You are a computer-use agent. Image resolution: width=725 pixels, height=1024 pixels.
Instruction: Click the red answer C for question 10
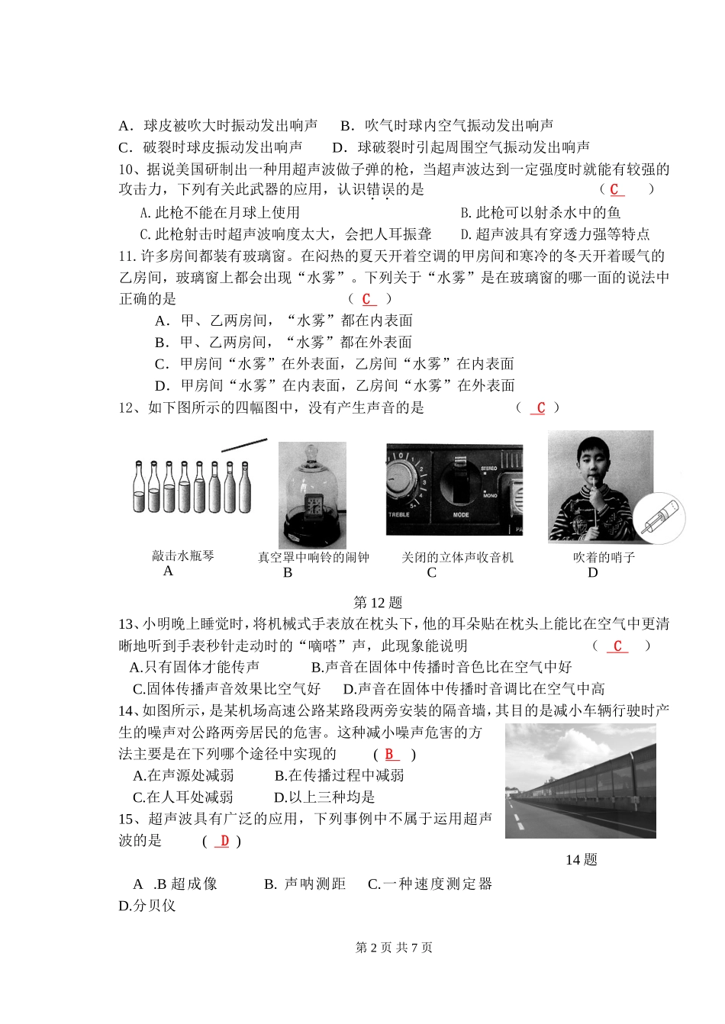point(615,189)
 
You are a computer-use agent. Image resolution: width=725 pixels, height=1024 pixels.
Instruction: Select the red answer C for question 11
point(368,299)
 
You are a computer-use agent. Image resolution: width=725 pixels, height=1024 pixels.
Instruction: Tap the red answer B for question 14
point(390,755)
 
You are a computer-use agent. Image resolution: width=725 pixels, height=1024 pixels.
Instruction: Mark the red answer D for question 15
point(223,841)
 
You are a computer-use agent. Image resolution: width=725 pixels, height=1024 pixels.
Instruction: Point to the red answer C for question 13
point(617,646)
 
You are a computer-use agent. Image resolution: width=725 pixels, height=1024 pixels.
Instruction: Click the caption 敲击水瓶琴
point(183,556)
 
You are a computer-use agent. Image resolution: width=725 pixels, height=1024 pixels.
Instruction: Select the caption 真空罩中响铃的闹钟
point(313,558)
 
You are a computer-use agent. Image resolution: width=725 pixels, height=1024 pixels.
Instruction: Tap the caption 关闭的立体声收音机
point(458,558)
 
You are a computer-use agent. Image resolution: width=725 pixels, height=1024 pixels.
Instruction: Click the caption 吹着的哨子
point(604,558)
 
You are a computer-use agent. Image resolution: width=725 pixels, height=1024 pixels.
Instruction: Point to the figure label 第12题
point(379,603)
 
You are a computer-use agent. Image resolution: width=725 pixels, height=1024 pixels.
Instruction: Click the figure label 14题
point(581,860)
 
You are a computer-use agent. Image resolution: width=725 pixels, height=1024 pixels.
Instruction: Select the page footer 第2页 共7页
point(394,948)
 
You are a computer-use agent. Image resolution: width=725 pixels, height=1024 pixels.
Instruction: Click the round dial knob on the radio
point(401,474)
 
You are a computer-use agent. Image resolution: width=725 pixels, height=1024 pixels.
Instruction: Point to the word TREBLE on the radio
point(399,515)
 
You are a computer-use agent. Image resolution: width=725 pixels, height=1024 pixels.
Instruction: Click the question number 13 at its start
point(126,624)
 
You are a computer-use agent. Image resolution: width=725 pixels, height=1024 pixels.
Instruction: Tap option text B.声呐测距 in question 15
point(305,884)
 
